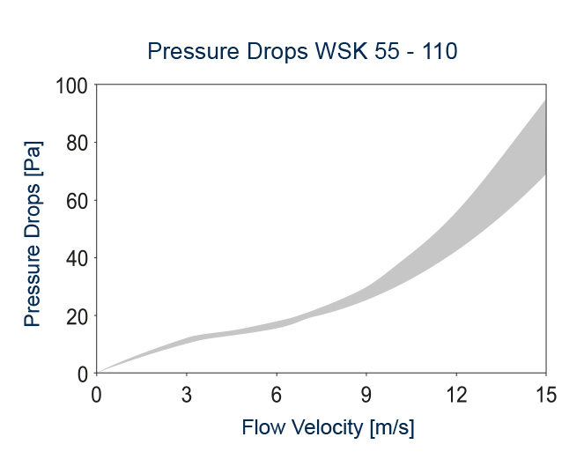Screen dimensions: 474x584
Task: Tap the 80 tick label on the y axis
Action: pyautogui.click(x=77, y=143)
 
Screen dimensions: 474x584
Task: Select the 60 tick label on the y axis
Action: pyautogui.click(x=77, y=201)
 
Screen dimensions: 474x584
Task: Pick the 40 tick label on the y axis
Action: pyautogui.click(x=77, y=258)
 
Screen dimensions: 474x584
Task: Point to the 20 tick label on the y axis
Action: pyautogui.click(x=77, y=315)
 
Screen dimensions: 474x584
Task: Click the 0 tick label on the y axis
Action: pyautogui.click(x=82, y=374)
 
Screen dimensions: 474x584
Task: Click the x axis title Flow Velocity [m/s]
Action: pyautogui.click(x=328, y=429)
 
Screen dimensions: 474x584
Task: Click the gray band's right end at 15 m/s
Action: pyautogui.click(x=543, y=137)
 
